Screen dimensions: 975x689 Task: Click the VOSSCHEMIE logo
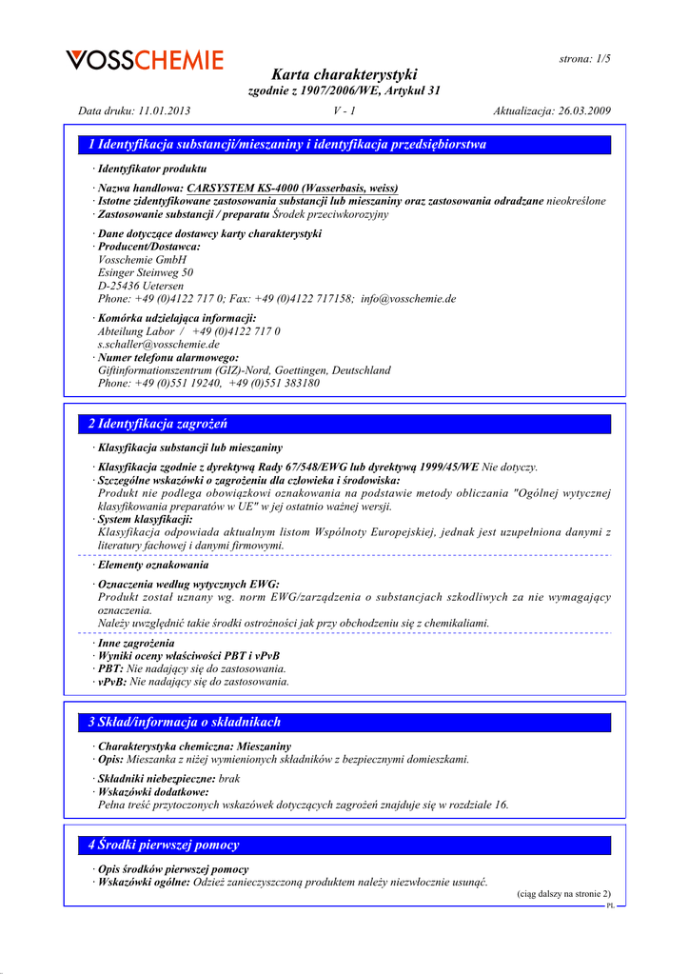tap(145, 60)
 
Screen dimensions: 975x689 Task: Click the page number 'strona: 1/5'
tap(584, 59)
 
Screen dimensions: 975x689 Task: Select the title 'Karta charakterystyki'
tap(344, 74)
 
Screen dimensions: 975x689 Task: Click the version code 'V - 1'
tap(344, 111)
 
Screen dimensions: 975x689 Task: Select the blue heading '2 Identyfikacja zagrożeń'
tap(158, 424)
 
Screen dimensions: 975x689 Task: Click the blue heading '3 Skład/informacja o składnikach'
tap(185, 722)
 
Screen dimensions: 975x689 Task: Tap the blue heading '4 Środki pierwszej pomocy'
tap(164, 845)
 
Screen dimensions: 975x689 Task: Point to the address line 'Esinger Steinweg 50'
tap(146, 272)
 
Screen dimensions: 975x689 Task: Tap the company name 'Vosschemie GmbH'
tap(143, 259)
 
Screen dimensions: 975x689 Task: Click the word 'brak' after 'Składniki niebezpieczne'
tap(229, 778)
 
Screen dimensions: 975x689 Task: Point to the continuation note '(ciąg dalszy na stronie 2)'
tap(563, 894)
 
